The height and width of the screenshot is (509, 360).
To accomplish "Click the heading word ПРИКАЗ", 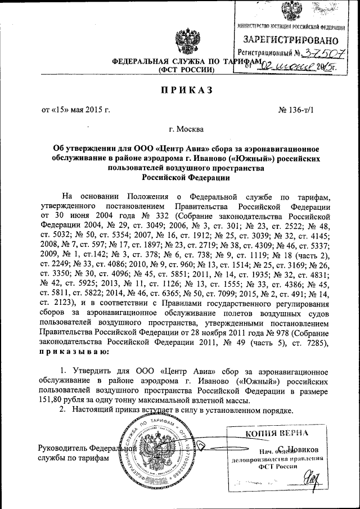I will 180,90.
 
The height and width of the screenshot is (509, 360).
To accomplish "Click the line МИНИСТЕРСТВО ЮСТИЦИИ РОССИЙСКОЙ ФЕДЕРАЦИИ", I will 291,27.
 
